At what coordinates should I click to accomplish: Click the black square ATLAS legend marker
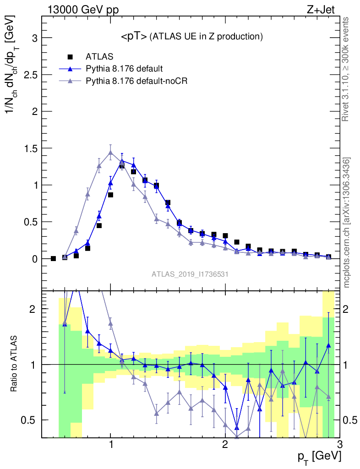pyautogui.click(x=70, y=57)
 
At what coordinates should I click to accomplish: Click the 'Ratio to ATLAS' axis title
pyautogui.click(x=15, y=364)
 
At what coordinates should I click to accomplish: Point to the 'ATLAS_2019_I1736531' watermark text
pyautogui.click(x=190, y=274)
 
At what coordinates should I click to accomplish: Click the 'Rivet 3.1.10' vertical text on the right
pyautogui.click(x=346, y=69)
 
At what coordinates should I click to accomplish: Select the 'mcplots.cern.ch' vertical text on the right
pyautogui.click(x=347, y=222)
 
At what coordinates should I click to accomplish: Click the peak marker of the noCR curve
pyautogui.click(x=110, y=153)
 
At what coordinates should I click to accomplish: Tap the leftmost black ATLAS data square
pyautogui.click(x=53, y=259)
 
